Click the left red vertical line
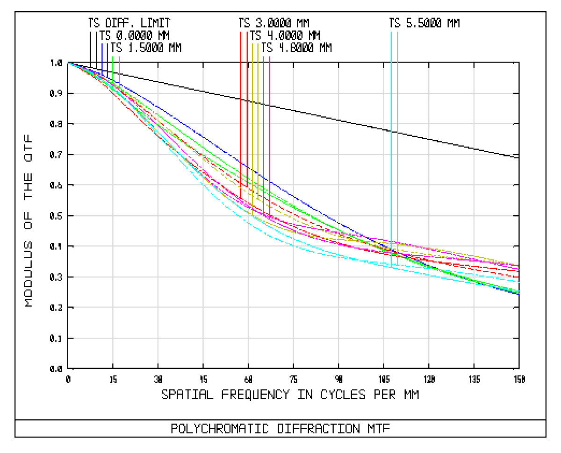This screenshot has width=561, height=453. point(241,93)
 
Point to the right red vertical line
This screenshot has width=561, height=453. point(247,93)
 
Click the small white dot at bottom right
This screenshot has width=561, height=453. point(519,369)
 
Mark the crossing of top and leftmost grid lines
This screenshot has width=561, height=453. point(113,93)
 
